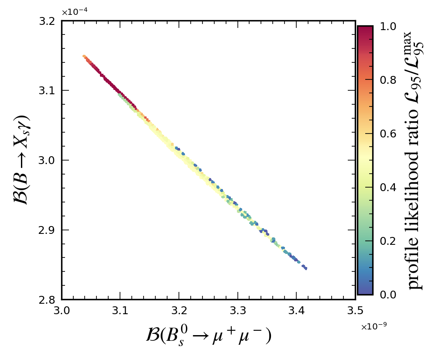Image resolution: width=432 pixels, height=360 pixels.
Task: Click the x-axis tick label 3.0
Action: [x=62, y=311]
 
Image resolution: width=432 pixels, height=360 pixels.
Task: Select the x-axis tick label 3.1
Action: [x=120, y=311]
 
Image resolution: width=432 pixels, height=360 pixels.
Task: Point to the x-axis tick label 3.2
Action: [x=179, y=311]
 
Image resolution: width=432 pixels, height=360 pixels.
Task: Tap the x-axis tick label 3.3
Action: [x=238, y=311]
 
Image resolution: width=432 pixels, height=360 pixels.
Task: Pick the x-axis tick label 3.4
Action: [x=297, y=311]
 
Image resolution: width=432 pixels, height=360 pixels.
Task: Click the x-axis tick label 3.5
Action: [x=355, y=311]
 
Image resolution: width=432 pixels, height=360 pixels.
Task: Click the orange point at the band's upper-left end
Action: [x=84, y=56]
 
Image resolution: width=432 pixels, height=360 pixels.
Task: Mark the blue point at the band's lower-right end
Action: [x=305, y=268]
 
